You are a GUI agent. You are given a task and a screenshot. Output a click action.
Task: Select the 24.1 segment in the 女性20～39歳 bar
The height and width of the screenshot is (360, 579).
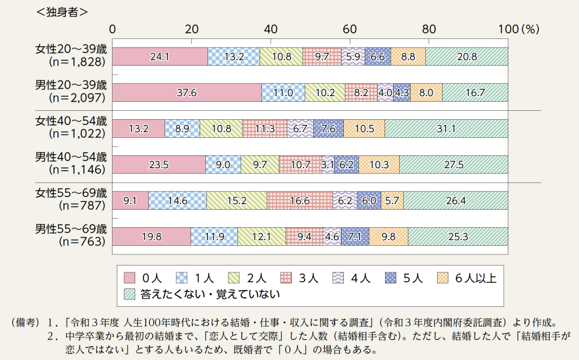(160, 57)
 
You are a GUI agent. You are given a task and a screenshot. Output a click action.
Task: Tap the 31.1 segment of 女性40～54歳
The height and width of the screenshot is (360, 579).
(446, 129)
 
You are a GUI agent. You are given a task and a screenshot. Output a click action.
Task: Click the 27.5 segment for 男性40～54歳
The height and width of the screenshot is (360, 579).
(453, 165)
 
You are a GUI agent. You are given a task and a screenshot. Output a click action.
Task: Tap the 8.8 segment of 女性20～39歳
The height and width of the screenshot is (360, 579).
(408, 57)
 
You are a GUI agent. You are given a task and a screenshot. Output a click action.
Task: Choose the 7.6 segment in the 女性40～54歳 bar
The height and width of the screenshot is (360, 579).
(328, 129)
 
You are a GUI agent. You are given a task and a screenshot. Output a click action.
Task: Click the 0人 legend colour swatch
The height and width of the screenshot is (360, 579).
(129, 277)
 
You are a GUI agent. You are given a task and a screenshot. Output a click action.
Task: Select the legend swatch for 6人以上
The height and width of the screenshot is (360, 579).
(444, 277)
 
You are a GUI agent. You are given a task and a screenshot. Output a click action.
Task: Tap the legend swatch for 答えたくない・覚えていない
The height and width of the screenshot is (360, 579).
(129, 294)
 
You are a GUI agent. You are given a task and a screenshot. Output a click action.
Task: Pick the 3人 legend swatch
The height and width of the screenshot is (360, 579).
(287, 277)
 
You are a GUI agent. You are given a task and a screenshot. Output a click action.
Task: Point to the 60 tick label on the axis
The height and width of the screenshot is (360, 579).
(349, 29)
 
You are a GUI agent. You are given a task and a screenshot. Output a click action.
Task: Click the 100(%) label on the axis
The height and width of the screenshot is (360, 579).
(518, 29)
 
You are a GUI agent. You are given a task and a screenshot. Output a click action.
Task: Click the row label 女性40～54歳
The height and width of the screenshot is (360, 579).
(71, 122)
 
